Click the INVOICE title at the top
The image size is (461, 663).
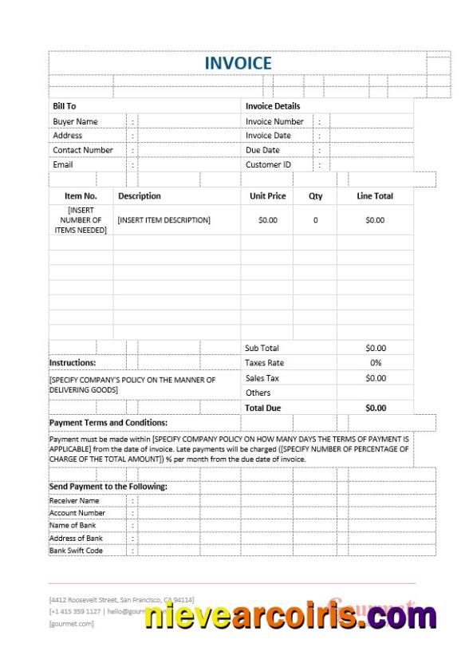pyautogui.click(x=238, y=63)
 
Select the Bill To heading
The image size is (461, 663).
pyautogui.click(x=65, y=106)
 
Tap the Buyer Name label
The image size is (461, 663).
pyautogui.click(x=75, y=121)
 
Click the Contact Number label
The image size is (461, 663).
pyautogui.click(x=83, y=150)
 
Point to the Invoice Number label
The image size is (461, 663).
pyautogui.click(x=274, y=121)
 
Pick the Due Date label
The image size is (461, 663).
pyautogui.click(x=262, y=150)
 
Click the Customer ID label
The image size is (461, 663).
pyautogui.click(x=269, y=165)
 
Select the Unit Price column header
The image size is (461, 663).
pyautogui.click(x=267, y=195)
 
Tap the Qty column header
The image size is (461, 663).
pyautogui.click(x=315, y=195)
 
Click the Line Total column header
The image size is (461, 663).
pyautogui.click(x=374, y=195)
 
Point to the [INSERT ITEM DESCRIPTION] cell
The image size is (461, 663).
pyautogui.click(x=164, y=219)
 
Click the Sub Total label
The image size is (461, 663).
pyautogui.click(x=262, y=348)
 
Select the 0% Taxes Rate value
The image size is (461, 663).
pyautogui.click(x=375, y=363)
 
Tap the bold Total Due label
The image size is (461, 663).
pyautogui.click(x=263, y=408)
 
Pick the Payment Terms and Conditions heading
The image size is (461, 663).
pyautogui.click(x=108, y=422)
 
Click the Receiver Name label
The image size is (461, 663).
pyautogui.click(x=74, y=500)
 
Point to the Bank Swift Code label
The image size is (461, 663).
pyautogui.click(x=77, y=551)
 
